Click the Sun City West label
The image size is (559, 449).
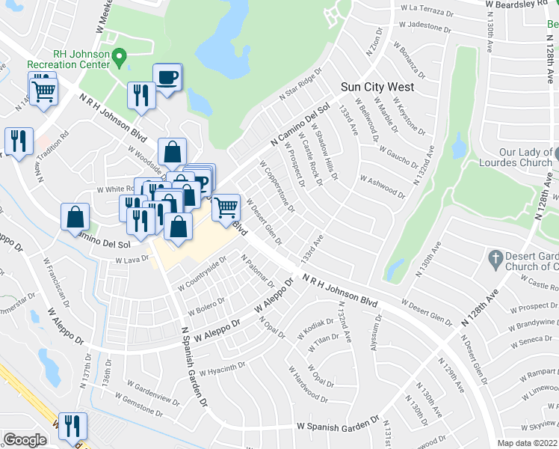coord(377,87)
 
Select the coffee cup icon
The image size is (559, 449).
coord(167,76)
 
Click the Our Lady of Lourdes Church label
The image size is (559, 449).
coord(525,157)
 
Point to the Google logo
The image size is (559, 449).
coord(25,440)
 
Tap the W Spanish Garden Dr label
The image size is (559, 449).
coord(339,424)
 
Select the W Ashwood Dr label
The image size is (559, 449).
coord(383,186)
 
